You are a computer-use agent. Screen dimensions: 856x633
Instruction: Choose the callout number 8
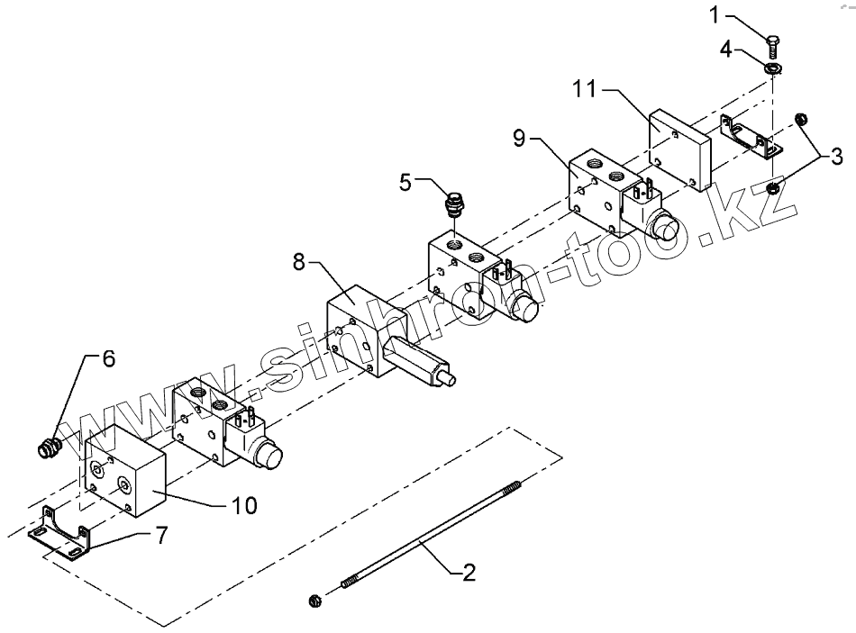point(300,263)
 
